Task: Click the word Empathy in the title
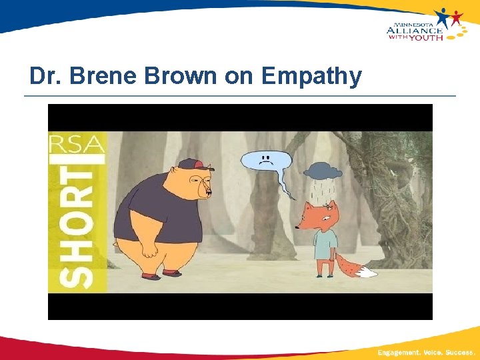pyautogui.click(x=311, y=77)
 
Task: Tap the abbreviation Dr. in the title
pyautogui.click(x=45, y=77)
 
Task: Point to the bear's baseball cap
pyautogui.click(x=191, y=164)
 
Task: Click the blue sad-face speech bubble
pyautogui.click(x=265, y=162)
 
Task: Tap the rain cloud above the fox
pyautogui.click(x=321, y=171)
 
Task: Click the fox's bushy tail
pyautogui.click(x=353, y=267)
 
